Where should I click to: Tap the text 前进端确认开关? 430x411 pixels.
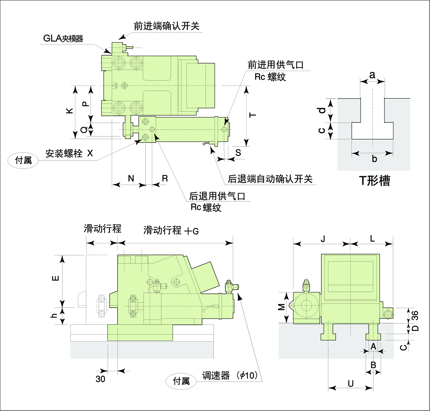point(166,26)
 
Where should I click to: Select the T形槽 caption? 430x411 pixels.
point(374,181)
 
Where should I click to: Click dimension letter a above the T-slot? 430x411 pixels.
point(372,75)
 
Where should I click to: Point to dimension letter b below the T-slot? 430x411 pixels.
point(374,159)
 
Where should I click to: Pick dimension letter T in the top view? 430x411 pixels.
point(253,115)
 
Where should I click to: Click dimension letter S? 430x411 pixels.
point(238,152)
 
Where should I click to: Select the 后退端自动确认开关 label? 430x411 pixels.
point(270,178)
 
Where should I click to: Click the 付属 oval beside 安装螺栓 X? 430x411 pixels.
point(23,160)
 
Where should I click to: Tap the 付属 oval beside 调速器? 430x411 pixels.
point(181,381)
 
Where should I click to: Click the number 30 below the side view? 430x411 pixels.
point(101,379)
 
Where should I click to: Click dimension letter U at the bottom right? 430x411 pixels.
point(350,383)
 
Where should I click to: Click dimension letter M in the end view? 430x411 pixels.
point(282,307)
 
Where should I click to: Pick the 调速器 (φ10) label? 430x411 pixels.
point(230,376)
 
